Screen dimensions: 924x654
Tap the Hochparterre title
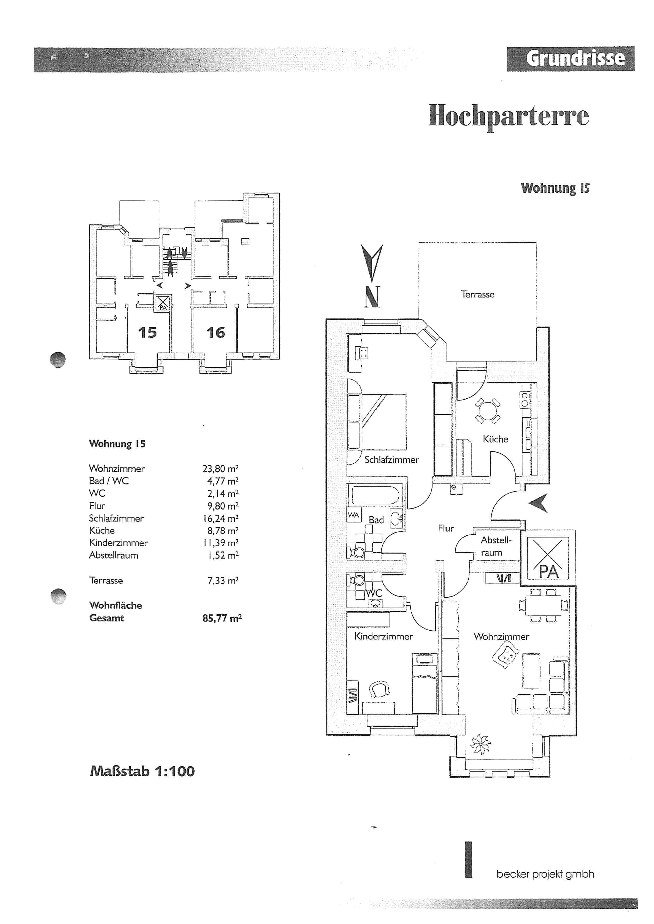coord(509,116)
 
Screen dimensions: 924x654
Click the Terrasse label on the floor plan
coord(477,295)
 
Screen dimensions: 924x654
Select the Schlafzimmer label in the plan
coord(391,459)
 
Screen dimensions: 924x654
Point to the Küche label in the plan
coord(495,439)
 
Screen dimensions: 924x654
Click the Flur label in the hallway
coord(446,529)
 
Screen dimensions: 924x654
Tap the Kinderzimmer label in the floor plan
coord(383,636)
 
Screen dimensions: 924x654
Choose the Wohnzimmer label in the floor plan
coord(501,637)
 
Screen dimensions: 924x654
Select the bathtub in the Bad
coord(375,495)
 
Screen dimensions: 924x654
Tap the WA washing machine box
coord(354,515)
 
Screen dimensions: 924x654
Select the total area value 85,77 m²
coord(222,618)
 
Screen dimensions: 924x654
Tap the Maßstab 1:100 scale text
coord(142,771)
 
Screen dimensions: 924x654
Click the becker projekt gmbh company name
coord(545,874)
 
